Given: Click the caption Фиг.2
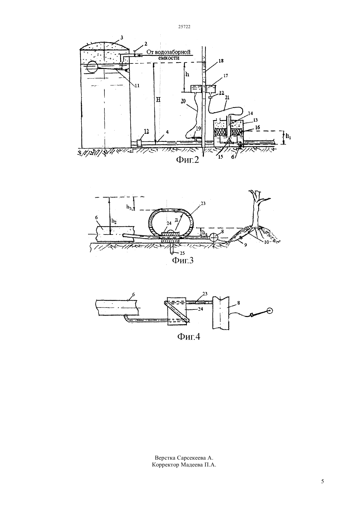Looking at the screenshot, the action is [x=188, y=160].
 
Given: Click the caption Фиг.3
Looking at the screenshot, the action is [x=183, y=260].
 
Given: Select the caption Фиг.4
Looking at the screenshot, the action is [x=189, y=337].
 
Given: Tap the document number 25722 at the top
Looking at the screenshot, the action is [x=184, y=26].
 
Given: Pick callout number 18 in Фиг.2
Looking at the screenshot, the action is [x=221, y=61].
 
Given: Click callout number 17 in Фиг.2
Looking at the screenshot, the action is [x=225, y=76].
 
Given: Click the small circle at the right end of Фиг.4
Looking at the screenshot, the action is [x=270, y=311].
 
